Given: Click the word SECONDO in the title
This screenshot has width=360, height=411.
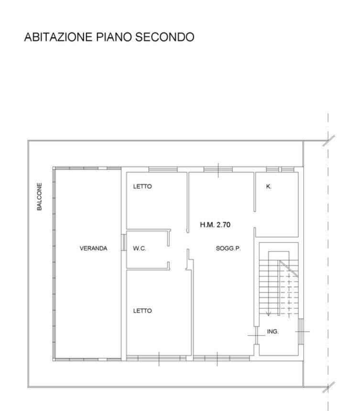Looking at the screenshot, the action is pyautogui.click(x=164, y=37).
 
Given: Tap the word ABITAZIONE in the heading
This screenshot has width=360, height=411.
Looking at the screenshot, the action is pyautogui.click(x=58, y=37).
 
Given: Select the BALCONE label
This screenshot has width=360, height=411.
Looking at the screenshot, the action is pyautogui.click(x=39, y=196).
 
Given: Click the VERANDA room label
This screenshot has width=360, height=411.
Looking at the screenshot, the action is pyautogui.click(x=93, y=248).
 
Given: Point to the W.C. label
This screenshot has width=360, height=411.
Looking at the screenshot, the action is pyautogui.click(x=139, y=248).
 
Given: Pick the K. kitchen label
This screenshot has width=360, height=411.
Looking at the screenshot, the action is pyautogui.click(x=269, y=186).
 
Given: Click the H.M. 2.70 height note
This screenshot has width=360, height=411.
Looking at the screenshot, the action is pyautogui.click(x=215, y=225).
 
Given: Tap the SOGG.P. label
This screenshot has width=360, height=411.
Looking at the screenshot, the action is pyautogui.click(x=228, y=248).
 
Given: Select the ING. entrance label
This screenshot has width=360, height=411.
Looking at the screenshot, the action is pyautogui.click(x=273, y=332).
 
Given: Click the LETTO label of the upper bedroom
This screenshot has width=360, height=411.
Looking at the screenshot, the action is pyautogui.click(x=142, y=186).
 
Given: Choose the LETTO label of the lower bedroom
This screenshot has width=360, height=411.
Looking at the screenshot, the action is pyautogui.click(x=142, y=311).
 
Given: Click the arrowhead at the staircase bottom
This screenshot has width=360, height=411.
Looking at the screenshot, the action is pyautogui.click(x=268, y=314).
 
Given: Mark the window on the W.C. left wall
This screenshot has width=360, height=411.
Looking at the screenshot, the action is pyautogui.click(x=123, y=242).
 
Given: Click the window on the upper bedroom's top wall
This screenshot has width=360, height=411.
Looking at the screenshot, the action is pyautogui.click(x=163, y=170).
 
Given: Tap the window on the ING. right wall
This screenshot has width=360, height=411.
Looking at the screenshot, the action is pyautogui.click(x=301, y=332).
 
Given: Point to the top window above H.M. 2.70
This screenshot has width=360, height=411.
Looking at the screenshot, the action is pyautogui.click(x=218, y=170).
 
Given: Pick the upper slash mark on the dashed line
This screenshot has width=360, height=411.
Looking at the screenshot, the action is pyautogui.click(x=329, y=141).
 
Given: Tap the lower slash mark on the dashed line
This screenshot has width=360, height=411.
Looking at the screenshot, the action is pyautogui.click(x=329, y=387).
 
